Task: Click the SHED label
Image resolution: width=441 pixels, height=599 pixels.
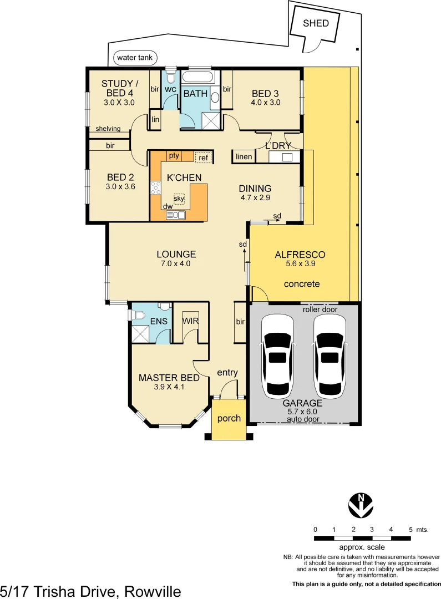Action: (315, 23)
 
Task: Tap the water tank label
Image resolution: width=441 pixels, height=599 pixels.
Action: (135, 58)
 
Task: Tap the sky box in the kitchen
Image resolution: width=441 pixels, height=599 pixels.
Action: (179, 198)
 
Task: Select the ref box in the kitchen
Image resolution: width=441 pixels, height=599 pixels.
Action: (204, 158)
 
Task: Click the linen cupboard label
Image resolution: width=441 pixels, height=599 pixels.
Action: (244, 157)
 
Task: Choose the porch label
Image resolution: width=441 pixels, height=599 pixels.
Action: (229, 418)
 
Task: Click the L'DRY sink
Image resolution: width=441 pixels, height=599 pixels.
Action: (287, 158)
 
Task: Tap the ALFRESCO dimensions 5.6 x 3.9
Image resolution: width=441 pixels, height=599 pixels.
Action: (300, 265)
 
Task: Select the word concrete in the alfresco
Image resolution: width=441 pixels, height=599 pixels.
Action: (302, 284)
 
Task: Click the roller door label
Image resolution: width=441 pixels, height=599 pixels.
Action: (320, 309)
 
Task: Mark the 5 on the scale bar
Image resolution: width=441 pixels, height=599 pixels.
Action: (410, 530)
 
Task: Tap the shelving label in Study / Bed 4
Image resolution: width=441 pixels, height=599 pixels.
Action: (108, 129)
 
